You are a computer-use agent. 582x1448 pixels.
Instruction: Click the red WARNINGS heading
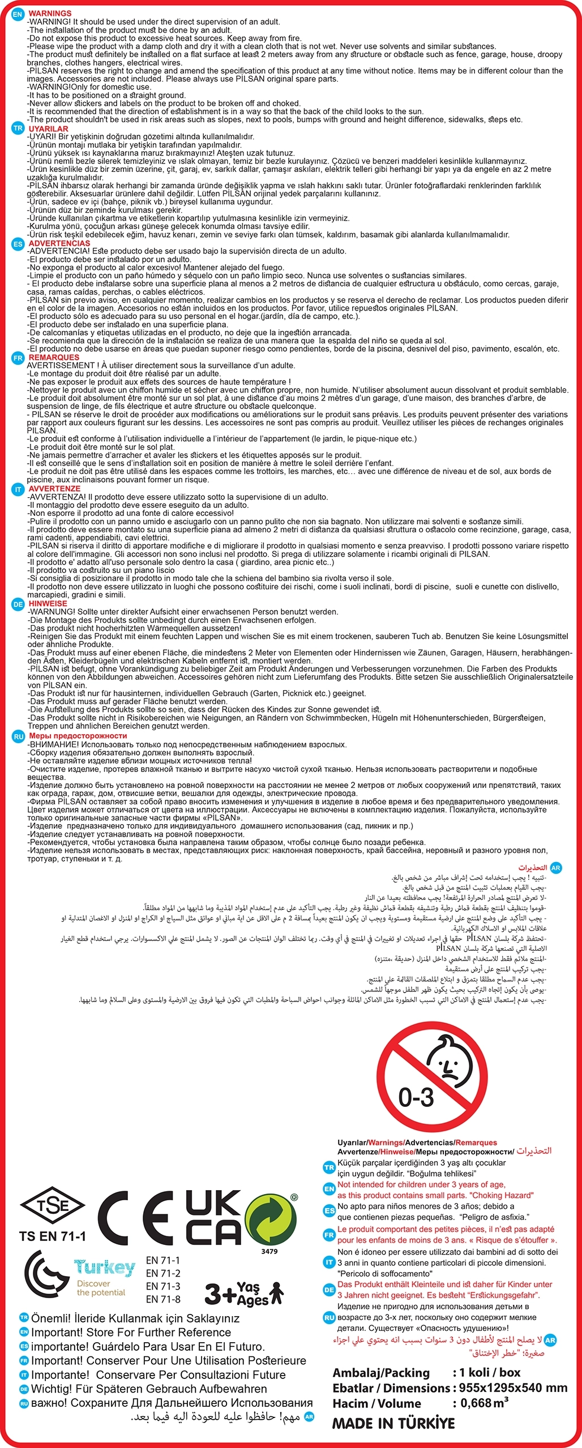pos(50,13)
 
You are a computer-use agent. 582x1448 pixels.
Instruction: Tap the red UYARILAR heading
pos(48,128)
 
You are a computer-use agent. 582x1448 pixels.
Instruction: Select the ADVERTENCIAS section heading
pos(59,243)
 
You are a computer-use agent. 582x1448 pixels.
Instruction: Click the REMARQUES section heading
pos(54,357)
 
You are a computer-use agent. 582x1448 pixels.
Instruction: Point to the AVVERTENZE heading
pos(54,489)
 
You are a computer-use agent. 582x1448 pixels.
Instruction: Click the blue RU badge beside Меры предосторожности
pos(19,736)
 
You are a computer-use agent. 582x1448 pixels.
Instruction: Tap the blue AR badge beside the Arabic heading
pos(555,868)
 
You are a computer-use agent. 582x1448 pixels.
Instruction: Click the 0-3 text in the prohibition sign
pos(416,1097)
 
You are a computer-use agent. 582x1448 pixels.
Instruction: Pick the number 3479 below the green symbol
pos(269,1251)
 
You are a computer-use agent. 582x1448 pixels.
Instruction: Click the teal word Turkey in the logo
pos(105,1267)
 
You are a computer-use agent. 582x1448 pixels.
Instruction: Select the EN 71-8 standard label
pos(163,1299)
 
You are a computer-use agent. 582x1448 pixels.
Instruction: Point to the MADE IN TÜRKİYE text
pos(393,1423)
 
